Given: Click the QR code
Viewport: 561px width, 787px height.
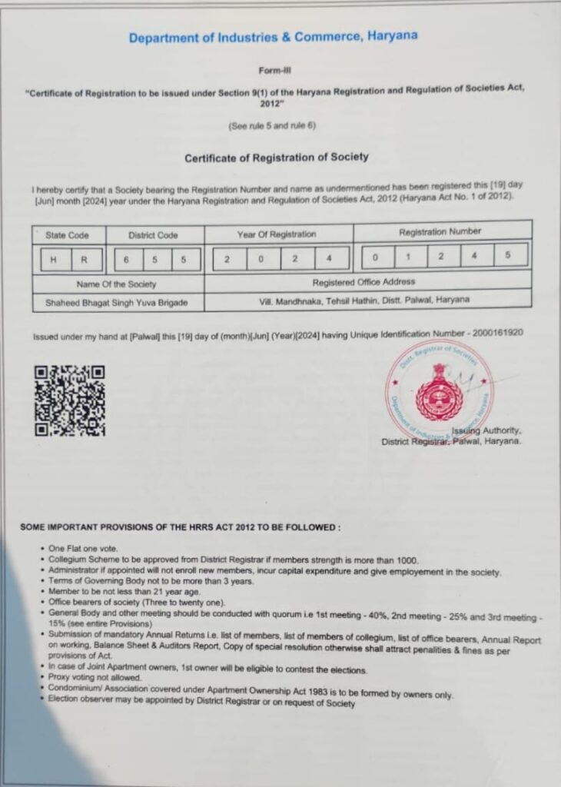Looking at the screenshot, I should tap(69, 401).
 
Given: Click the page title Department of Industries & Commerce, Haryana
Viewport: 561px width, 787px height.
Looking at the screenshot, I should tap(274, 37).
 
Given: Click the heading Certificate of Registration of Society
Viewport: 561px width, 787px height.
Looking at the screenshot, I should tap(277, 158).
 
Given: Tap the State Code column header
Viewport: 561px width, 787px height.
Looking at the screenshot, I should tap(68, 235).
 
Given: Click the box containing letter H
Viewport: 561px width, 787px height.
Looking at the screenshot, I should tap(53, 260).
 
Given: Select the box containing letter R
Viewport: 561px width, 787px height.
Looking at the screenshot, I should tap(83, 260).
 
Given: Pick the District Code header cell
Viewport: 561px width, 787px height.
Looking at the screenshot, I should tap(156, 235).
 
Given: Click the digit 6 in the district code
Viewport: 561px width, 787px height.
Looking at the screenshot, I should tap(126, 260).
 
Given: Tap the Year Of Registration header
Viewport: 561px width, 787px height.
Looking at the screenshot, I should tap(277, 234).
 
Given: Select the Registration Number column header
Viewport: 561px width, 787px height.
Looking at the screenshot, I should tap(440, 231).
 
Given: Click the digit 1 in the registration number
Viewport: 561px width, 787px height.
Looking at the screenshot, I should tap(409, 256).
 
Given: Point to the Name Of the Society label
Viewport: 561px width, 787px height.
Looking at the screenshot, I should tap(116, 284).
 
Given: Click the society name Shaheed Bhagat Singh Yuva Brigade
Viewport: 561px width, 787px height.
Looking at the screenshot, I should tap(118, 304).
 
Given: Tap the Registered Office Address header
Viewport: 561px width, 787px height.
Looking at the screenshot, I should tap(364, 282).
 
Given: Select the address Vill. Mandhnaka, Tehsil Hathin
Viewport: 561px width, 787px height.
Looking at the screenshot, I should tap(364, 300).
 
